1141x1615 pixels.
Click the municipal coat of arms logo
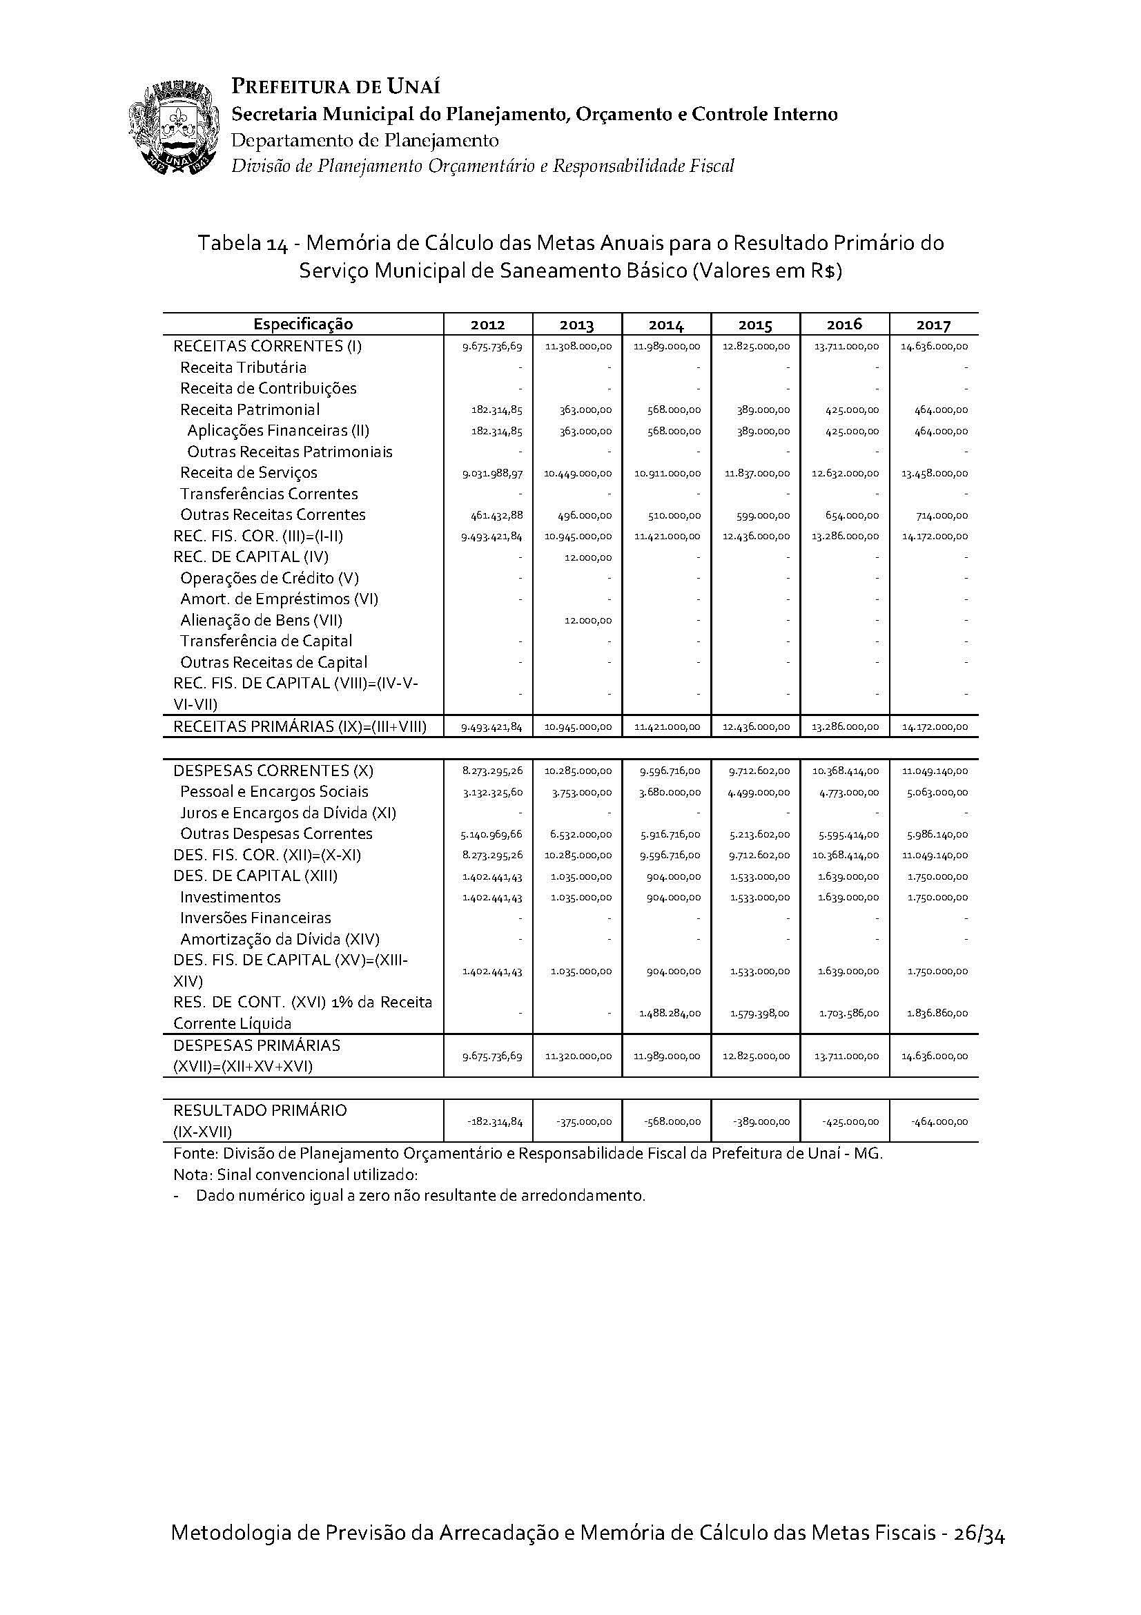tap(173, 128)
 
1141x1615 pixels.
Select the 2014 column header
tap(666, 325)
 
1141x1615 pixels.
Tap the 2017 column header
tap(933, 325)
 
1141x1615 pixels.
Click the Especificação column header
tap(303, 325)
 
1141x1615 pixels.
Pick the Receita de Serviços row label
tap(249, 473)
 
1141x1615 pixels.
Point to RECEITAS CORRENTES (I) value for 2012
tap(492, 347)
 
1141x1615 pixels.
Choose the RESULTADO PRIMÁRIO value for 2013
tap(583, 1122)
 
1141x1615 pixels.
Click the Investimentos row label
tap(231, 898)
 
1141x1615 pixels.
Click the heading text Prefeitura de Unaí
tap(336, 87)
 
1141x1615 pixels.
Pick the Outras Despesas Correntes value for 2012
tap(492, 835)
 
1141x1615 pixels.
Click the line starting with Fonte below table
tap(527, 1154)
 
